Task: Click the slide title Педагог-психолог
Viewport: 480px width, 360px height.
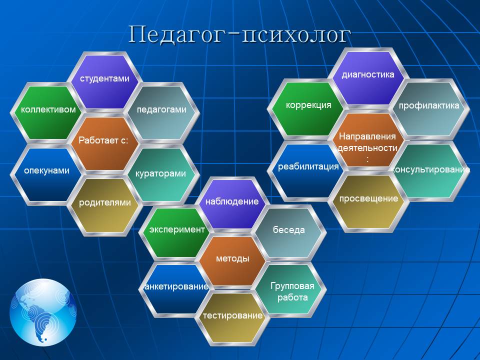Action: (239, 34)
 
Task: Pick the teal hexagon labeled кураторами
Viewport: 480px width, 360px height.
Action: (161, 174)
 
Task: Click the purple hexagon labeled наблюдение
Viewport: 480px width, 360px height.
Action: (232, 204)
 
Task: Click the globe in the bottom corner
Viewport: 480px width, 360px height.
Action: (43, 312)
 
